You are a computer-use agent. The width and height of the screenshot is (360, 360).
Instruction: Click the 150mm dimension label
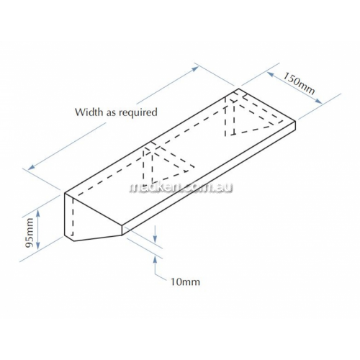coord(299,84)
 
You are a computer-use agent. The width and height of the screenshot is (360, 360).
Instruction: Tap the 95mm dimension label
coord(29,233)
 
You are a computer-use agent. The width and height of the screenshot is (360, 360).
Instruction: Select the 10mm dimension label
coord(185,282)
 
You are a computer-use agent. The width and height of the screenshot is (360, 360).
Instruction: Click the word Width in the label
coord(89,112)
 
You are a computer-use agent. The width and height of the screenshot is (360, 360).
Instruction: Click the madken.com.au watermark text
coord(181,188)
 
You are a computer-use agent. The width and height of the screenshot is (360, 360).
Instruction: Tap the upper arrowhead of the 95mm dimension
coord(38,212)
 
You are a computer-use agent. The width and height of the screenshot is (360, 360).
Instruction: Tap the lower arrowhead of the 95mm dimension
coord(38,246)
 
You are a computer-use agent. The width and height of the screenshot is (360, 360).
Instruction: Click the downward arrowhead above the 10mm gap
coord(156,239)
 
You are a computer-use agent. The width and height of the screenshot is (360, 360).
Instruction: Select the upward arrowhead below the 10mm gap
coord(156,260)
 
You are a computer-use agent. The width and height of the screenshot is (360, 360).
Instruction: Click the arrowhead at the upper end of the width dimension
coord(195,68)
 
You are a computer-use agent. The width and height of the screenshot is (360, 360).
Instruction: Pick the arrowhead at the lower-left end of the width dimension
coord(31,168)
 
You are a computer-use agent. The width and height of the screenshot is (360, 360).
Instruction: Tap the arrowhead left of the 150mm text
coord(270,74)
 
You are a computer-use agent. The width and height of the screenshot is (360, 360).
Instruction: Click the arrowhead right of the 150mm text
coord(318,101)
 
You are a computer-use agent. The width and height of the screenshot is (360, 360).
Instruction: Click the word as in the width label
coord(112,113)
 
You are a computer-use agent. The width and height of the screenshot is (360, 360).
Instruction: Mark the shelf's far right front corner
coord(295,122)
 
